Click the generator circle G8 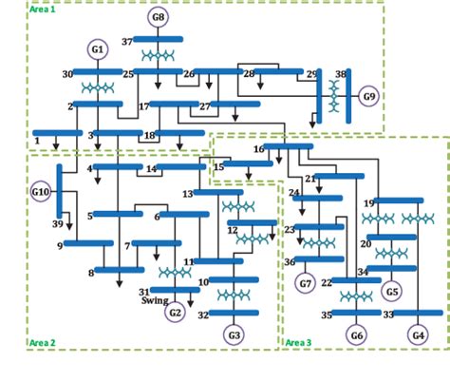pyautogui.click(x=158, y=17)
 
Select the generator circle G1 pyautogui.click(x=98, y=48)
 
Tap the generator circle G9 pyautogui.click(x=368, y=96)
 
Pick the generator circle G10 pyautogui.click(x=40, y=192)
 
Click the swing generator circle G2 pyautogui.click(x=175, y=312)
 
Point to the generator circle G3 pyautogui.click(x=234, y=334)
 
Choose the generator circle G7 pyautogui.click(x=305, y=283)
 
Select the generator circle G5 pyautogui.click(x=391, y=291)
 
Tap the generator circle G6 pyautogui.click(x=356, y=334)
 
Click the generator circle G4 pyautogui.click(x=418, y=334)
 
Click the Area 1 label pyautogui.click(x=42, y=9)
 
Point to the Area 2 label pyautogui.click(x=42, y=342)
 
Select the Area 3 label pyautogui.click(x=298, y=342)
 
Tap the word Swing pyautogui.click(x=155, y=300)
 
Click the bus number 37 pyautogui.click(x=126, y=42)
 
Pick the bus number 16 pyautogui.click(x=258, y=149)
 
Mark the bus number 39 pyautogui.click(x=57, y=224)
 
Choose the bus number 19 pyautogui.click(x=368, y=202)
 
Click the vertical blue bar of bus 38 pyautogui.click(x=348, y=96)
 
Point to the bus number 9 pyautogui.click(x=59, y=245)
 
